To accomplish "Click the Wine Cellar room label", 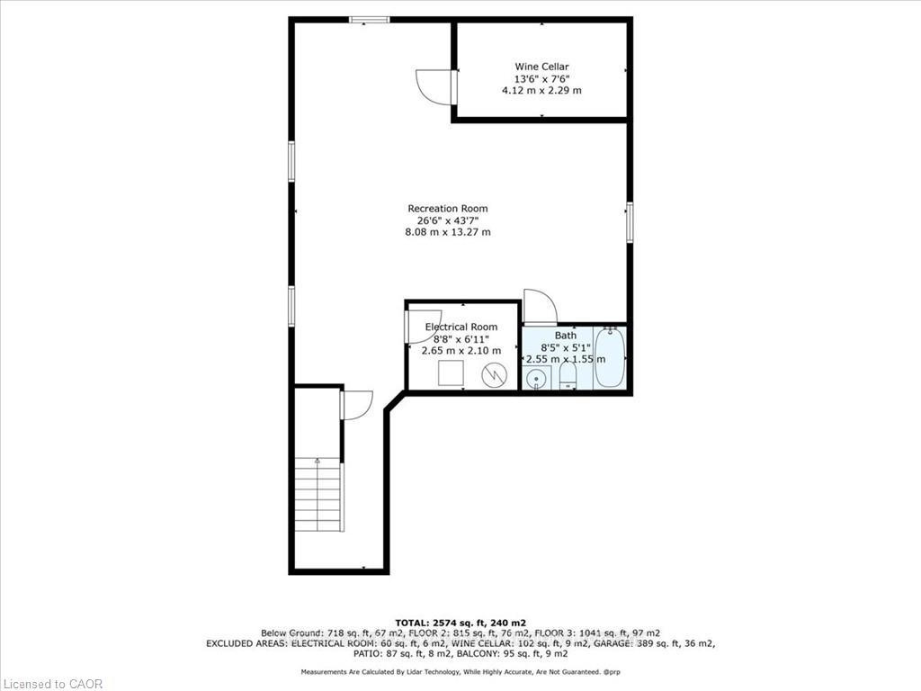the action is tap(541, 67).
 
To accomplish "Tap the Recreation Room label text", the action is tap(448, 209).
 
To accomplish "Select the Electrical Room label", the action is tap(461, 327).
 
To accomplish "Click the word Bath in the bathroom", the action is tap(566, 336).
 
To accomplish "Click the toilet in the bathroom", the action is tap(568, 375).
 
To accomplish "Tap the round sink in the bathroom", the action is tap(535, 379).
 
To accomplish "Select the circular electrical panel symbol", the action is tap(494, 375).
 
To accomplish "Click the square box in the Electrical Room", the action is tap(452, 373).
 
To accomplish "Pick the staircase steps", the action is tap(317, 495).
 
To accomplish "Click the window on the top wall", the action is tap(369, 20).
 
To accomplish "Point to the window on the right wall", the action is tap(629, 222).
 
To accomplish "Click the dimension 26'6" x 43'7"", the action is tap(448, 220).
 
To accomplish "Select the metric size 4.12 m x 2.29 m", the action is tap(541, 91).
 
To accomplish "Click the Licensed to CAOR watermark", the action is tap(51, 684).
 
